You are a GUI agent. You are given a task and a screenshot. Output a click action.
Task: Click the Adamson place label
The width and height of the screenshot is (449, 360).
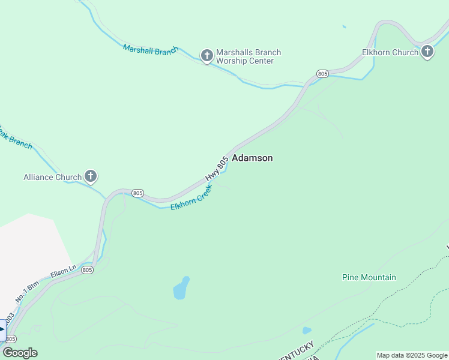pos(252,158)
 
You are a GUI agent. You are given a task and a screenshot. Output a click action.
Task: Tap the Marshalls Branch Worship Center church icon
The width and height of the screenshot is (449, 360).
pos(206,56)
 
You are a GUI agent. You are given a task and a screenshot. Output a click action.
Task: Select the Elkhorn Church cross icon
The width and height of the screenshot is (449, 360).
pos(427,52)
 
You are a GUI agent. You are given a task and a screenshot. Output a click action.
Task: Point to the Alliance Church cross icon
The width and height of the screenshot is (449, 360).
pos(91,176)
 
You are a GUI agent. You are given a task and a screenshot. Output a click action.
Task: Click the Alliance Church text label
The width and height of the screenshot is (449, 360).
pos(52,177)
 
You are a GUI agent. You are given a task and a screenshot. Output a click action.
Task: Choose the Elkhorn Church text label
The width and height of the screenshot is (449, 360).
pos(390,53)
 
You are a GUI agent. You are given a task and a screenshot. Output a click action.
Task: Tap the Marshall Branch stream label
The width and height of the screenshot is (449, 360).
pos(151,50)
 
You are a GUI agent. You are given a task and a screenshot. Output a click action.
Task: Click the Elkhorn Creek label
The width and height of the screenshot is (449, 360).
pos(192,197)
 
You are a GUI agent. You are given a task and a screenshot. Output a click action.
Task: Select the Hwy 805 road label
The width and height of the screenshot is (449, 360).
pos(217,169)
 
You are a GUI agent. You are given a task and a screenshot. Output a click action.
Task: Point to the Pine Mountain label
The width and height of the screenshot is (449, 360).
pos(369,277)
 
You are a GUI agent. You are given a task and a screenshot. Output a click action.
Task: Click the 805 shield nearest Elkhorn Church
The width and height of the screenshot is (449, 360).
pos(322,74)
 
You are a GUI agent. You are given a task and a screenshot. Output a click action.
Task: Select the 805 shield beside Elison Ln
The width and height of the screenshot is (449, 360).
pos(88,270)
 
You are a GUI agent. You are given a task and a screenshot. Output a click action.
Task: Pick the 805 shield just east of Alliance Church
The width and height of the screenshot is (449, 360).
pos(137,193)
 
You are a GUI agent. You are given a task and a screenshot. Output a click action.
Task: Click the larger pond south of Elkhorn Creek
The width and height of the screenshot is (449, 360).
pos(181,289)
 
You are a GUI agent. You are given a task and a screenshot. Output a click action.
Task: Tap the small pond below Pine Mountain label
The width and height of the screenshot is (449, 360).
pos(307,330)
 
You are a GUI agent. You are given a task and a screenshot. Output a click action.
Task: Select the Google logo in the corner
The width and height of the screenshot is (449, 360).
pos(20,353)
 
